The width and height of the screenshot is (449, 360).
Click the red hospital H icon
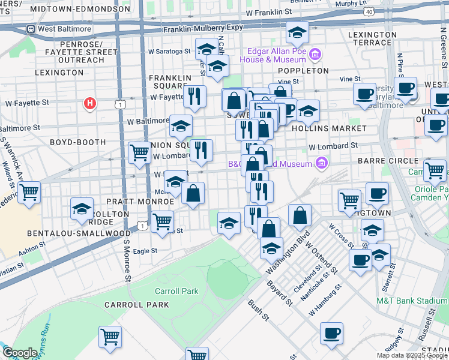(x=90, y=103)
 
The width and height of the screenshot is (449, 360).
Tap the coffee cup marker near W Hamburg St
(x=331, y=332)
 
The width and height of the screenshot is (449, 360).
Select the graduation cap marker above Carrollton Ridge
(x=82, y=208)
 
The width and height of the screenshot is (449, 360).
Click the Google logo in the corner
(x=19, y=353)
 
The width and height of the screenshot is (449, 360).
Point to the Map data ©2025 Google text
(x=412, y=355)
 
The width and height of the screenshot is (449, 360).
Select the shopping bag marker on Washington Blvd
(x=300, y=214)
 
